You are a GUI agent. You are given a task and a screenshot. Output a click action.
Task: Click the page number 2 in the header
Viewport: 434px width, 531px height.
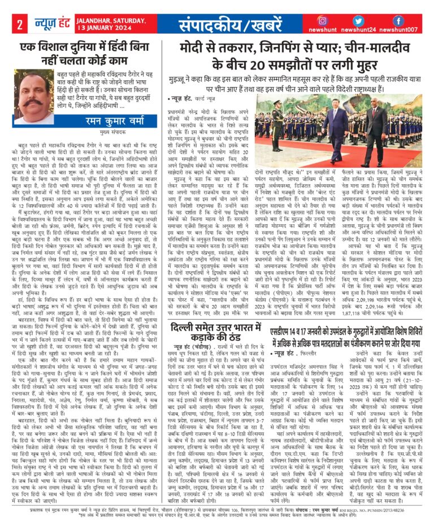point(19,25)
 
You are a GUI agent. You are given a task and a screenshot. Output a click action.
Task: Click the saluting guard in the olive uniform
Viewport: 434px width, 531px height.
point(293,123)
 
